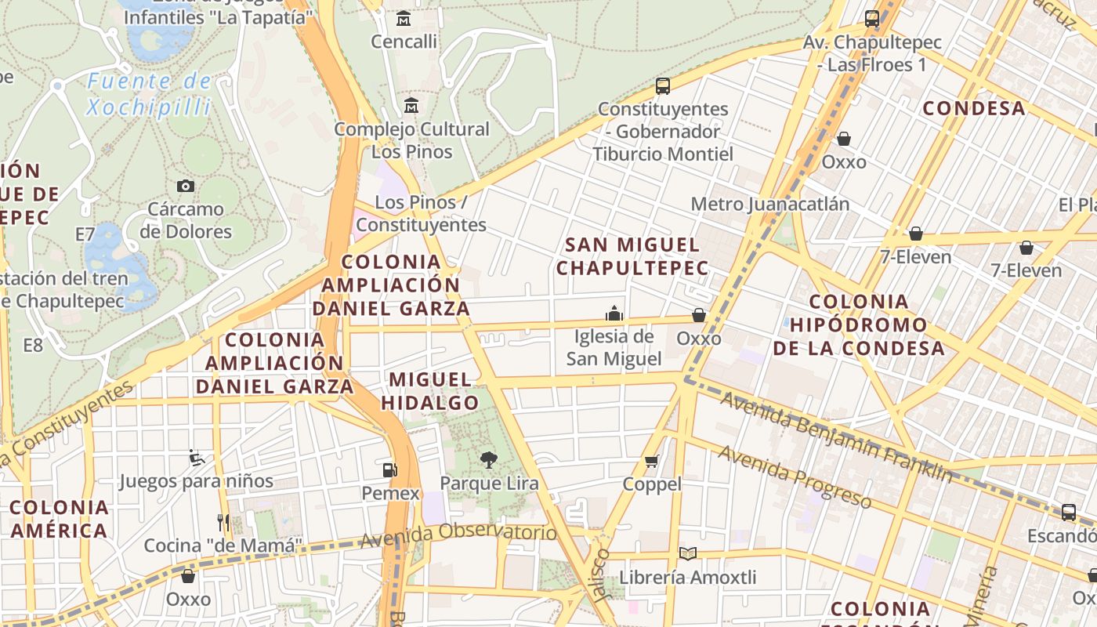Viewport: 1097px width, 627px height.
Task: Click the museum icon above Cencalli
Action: point(404,18)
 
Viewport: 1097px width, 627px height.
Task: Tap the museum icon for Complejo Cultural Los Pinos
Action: point(411,105)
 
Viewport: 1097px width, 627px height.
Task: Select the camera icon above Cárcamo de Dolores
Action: point(186,186)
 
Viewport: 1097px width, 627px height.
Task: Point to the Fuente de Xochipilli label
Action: point(149,94)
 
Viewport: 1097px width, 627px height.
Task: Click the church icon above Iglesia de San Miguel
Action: point(614,313)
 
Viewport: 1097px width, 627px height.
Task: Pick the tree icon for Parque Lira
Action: point(489,459)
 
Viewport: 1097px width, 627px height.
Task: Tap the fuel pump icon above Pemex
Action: point(389,469)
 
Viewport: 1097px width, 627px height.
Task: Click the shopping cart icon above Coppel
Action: point(651,461)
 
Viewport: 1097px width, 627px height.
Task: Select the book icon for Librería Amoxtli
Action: point(687,554)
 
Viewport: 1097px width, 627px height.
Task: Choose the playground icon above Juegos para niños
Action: point(197,457)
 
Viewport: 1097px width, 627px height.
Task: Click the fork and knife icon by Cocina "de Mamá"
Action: point(223,522)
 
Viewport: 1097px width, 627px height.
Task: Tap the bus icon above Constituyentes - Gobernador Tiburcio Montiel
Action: point(663,85)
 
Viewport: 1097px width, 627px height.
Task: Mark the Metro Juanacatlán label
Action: point(769,205)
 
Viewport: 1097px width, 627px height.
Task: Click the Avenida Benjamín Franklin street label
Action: point(836,437)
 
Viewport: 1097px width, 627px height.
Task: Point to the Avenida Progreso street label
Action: point(795,476)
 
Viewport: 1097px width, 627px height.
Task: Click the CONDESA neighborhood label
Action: point(974,108)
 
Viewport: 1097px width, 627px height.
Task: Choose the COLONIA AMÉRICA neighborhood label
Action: point(60,519)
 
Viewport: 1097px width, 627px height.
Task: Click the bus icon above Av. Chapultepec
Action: point(872,19)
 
